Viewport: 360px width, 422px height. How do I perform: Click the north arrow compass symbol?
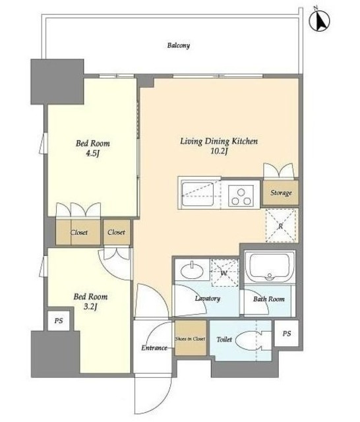coord(320,20)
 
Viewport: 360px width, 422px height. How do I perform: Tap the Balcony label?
coord(179,45)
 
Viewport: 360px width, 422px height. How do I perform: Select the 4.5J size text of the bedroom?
coord(92,154)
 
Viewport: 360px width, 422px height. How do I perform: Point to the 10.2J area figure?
coord(219,152)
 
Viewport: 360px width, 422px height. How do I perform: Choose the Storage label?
coord(281,193)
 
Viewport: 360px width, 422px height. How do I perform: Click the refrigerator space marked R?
coord(282,226)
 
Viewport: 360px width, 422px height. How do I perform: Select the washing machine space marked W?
coord(225,272)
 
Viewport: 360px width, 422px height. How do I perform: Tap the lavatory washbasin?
coord(192,271)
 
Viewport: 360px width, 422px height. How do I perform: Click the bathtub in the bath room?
coord(270,266)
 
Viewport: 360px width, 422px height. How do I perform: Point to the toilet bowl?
coord(249,340)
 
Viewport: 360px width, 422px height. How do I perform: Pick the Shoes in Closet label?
coord(191,339)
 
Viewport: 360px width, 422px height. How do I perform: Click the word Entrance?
coord(154,347)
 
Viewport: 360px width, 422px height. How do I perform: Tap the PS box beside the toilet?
coord(286,333)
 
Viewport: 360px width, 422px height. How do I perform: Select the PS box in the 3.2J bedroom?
coord(59,321)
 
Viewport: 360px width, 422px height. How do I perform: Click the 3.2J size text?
coord(90,307)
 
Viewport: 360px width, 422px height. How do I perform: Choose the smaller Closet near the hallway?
coord(117,232)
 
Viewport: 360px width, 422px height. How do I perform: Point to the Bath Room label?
coord(268,299)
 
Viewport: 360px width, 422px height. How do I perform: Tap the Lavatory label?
coord(208,298)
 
